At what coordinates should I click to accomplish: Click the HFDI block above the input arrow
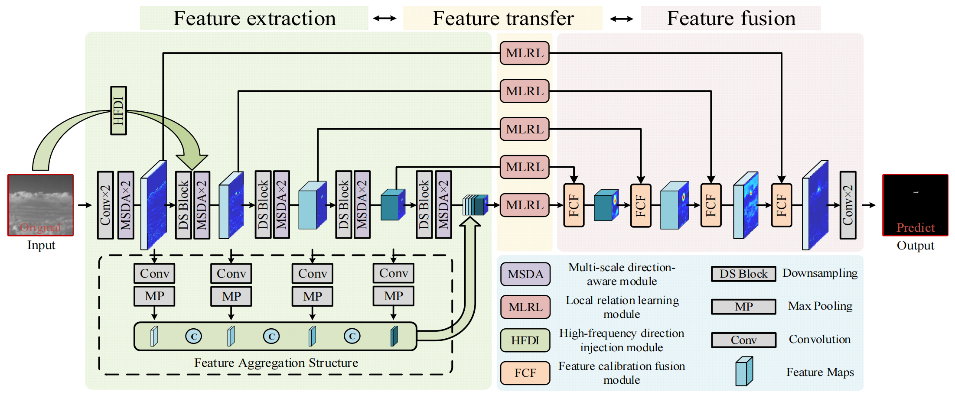click(118, 110)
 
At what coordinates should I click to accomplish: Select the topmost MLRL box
click(525, 53)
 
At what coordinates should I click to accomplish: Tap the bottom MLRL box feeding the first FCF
click(525, 205)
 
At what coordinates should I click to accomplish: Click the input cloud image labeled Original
click(41, 205)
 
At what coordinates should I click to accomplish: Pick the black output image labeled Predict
click(915, 205)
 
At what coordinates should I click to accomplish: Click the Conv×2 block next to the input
click(105, 205)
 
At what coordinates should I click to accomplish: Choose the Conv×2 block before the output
click(847, 205)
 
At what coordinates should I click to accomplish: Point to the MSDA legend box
click(525, 274)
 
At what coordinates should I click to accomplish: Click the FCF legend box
click(525, 373)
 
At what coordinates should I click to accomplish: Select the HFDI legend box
click(525, 340)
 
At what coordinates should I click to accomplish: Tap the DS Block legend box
click(743, 274)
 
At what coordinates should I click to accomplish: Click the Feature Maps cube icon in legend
click(744, 371)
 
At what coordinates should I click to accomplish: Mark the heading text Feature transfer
click(503, 18)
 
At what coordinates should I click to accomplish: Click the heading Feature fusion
click(731, 18)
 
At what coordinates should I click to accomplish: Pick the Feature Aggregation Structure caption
click(276, 363)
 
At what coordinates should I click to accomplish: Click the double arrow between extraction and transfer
click(385, 18)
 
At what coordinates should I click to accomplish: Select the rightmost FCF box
click(781, 205)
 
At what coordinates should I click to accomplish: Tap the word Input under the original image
click(41, 245)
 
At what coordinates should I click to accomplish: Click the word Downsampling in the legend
click(820, 273)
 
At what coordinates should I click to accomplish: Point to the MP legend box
click(743, 307)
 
